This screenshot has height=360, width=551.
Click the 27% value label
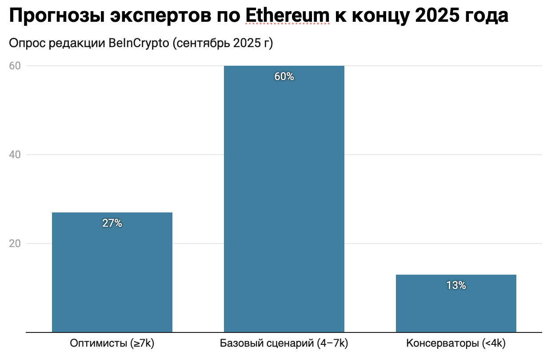112,223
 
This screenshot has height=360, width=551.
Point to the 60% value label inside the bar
284,76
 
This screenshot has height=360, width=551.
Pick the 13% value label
456,286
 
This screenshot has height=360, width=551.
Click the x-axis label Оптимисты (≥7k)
112,344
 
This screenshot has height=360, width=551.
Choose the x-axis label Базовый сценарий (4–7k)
284,344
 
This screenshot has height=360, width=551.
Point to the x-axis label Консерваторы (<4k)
456,344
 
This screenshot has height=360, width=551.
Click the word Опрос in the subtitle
24,44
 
